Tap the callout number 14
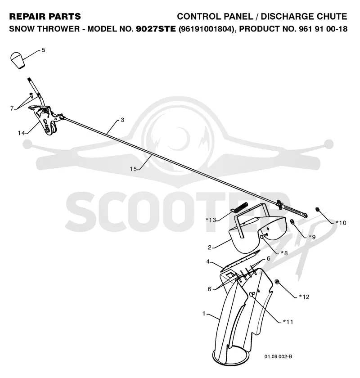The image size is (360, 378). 21,133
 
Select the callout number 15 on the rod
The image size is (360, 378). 133,169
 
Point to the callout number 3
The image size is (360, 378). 122,120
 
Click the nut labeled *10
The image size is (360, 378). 318,209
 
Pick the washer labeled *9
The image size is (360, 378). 292,221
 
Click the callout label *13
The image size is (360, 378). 211,220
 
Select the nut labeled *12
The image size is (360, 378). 277,282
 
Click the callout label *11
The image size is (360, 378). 288,322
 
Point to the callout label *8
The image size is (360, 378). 284,253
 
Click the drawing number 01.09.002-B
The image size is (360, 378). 278,356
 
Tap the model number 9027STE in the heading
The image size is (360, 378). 156,29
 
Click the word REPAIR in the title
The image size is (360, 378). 25,16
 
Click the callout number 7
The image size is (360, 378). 12,109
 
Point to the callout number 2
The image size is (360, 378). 210,247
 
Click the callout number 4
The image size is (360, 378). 208,261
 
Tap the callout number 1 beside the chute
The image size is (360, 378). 204,314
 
